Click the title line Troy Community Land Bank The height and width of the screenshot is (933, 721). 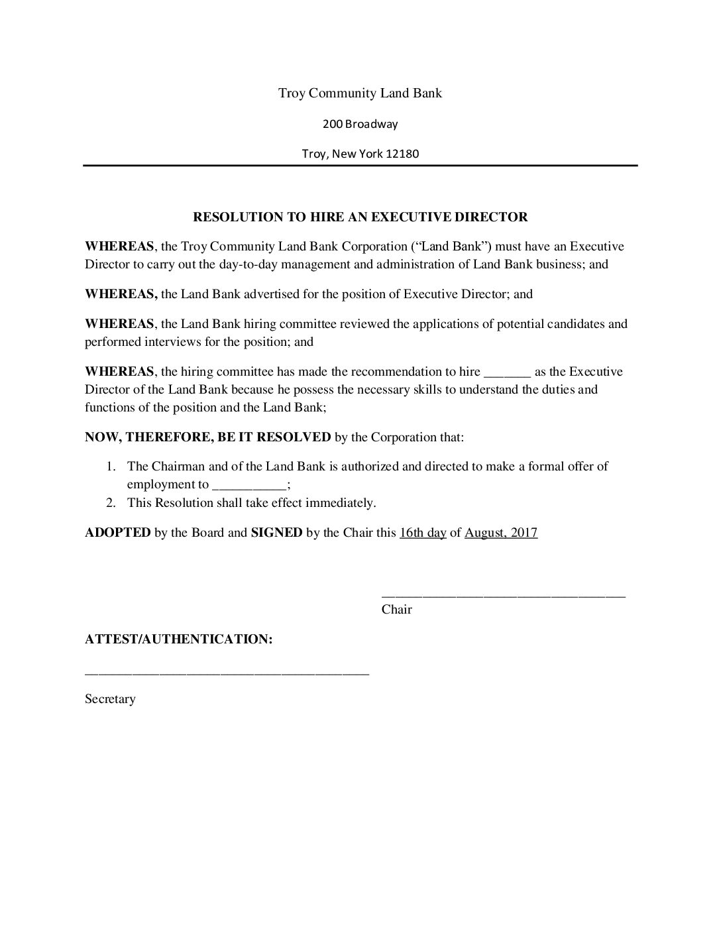coord(360,93)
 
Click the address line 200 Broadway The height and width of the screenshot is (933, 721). coord(360,124)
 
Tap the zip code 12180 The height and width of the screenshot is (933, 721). coord(403,154)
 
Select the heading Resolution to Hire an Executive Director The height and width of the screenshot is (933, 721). coord(360,217)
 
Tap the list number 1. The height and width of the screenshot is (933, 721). coord(112,466)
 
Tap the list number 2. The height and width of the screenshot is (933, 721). coord(112,503)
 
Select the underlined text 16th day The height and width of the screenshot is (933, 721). coord(423,533)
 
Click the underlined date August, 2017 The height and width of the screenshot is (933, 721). coord(501,533)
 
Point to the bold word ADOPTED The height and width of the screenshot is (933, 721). coord(117,533)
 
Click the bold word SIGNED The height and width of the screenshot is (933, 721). coord(276,533)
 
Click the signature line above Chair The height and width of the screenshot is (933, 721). coord(503,596)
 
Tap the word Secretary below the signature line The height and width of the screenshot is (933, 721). coord(110,699)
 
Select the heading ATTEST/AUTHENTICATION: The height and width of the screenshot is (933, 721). coord(179,639)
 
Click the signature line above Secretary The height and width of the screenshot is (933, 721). coord(227,673)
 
